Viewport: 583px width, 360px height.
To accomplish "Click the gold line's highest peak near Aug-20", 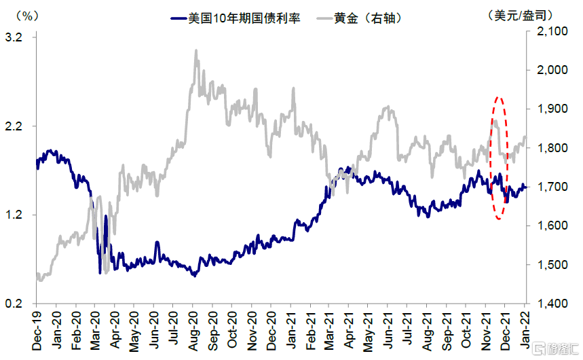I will point(196,50).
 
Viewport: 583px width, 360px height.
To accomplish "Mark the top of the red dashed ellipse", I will point(499,97).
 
